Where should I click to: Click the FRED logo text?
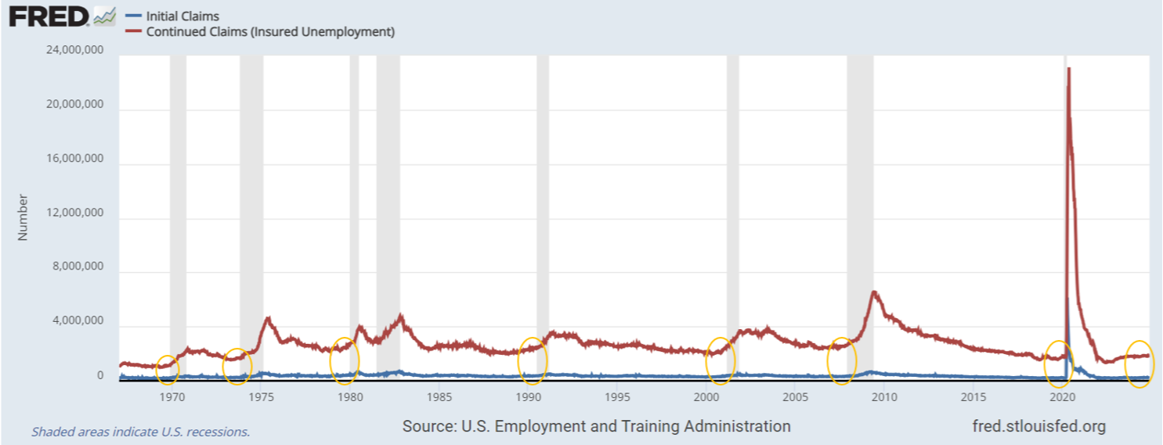click(x=49, y=16)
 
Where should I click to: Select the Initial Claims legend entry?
click(x=172, y=16)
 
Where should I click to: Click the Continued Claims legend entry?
click(x=260, y=31)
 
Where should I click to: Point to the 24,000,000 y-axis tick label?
click(x=74, y=50)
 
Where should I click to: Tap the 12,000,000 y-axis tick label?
click(x=74, y=212)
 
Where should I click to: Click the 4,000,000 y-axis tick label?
click(x=78, y=320)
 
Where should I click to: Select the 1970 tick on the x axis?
click(x=172, y=397)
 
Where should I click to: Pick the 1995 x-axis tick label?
click(x=617, y=397)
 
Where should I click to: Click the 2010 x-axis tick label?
click(x=884, y=397)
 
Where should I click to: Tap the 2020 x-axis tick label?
click(x=1062, y=397)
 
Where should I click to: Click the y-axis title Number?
click(x=23, y=217)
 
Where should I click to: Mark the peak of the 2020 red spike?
click(x=1068, y=68)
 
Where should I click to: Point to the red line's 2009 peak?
click(x=874, y=291)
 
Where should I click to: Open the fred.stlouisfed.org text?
click(x=1039, y=426)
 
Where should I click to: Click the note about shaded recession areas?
click(x=141, y=432)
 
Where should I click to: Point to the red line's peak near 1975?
click(x=268, y=317)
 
